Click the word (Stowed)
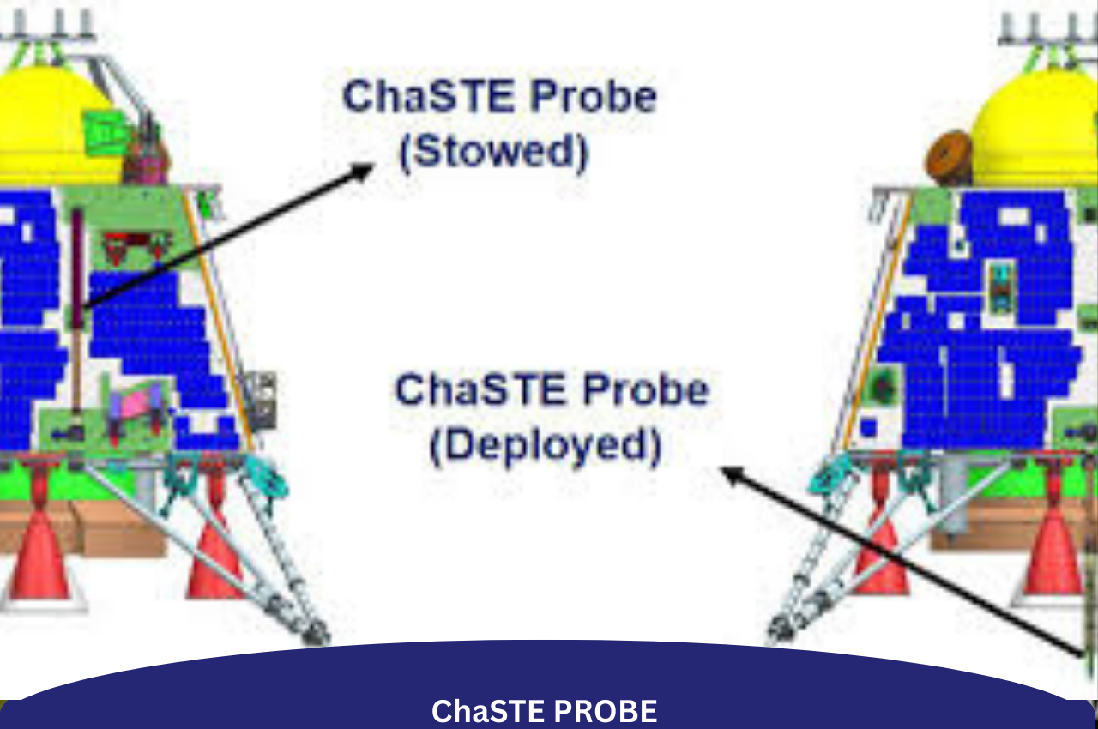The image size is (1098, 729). (x=495, y=152)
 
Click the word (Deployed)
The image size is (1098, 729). (x=546, y=446)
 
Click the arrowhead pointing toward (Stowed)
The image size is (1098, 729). (x=365, y=170)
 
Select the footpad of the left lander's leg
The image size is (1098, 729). (x=315, y=633)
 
